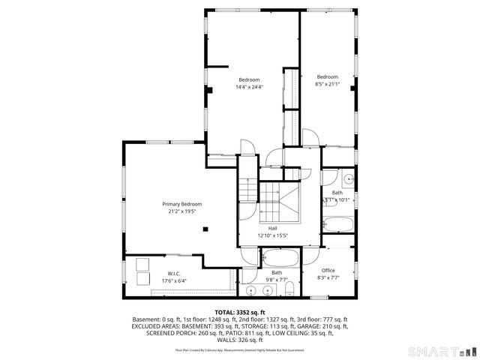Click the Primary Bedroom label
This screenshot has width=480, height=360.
click(x=182, y=204)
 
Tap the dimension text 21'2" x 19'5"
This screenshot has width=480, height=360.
click(x=182, y=211)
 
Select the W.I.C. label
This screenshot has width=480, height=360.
click(x=173, y=273)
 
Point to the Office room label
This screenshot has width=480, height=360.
click(x=328, y=270)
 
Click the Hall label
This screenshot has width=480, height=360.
click(x=272, y=228)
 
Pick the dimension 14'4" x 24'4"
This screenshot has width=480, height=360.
click(x=249, y=87)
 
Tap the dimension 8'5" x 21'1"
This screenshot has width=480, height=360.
click(x=326, y=84)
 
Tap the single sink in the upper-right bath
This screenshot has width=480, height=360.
click(x=348, y=180)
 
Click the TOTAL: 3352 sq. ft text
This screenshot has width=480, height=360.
click(x=239, y=312)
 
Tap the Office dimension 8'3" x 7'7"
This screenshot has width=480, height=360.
click(x=328, y=277)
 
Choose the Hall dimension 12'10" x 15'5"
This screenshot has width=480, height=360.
click(x=272, y=235)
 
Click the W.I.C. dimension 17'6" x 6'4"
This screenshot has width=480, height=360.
click(x=173, y=280)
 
